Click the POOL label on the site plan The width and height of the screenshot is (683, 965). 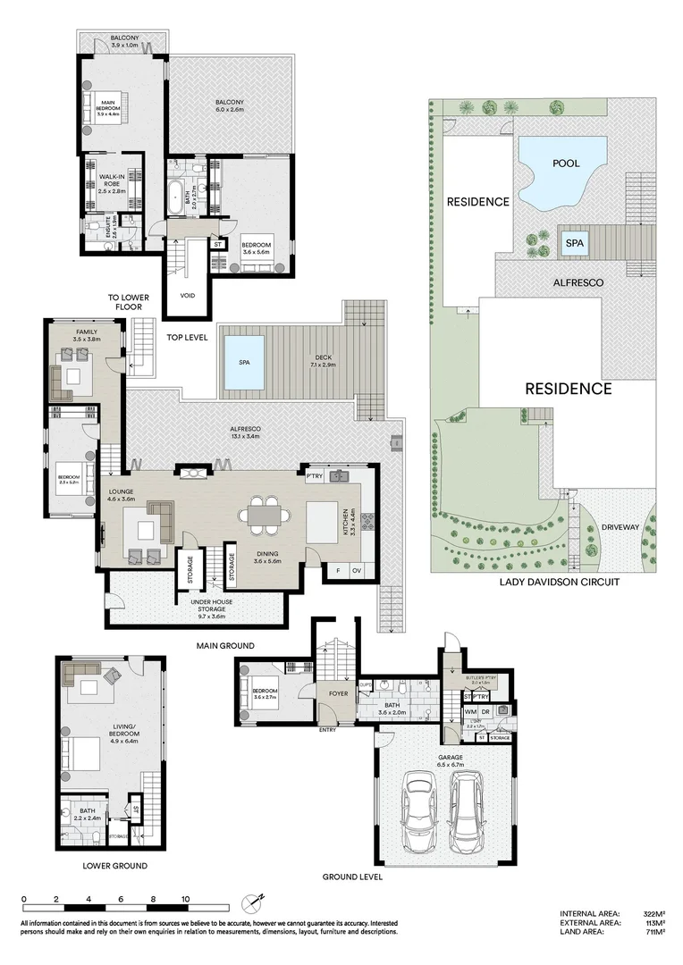566,164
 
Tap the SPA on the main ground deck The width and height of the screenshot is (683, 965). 244,362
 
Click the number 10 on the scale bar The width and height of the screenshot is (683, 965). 186,899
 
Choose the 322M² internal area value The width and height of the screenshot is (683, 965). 654,913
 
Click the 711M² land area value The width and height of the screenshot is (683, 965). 654,931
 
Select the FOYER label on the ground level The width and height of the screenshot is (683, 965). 337,692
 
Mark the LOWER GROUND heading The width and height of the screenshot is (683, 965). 114,866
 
